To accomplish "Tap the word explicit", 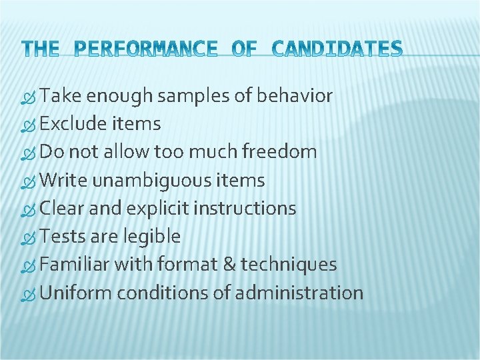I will pos(158,209).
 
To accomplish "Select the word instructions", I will pos(245,209).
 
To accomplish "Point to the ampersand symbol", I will pos(227,265).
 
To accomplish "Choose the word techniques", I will pos(289,265).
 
